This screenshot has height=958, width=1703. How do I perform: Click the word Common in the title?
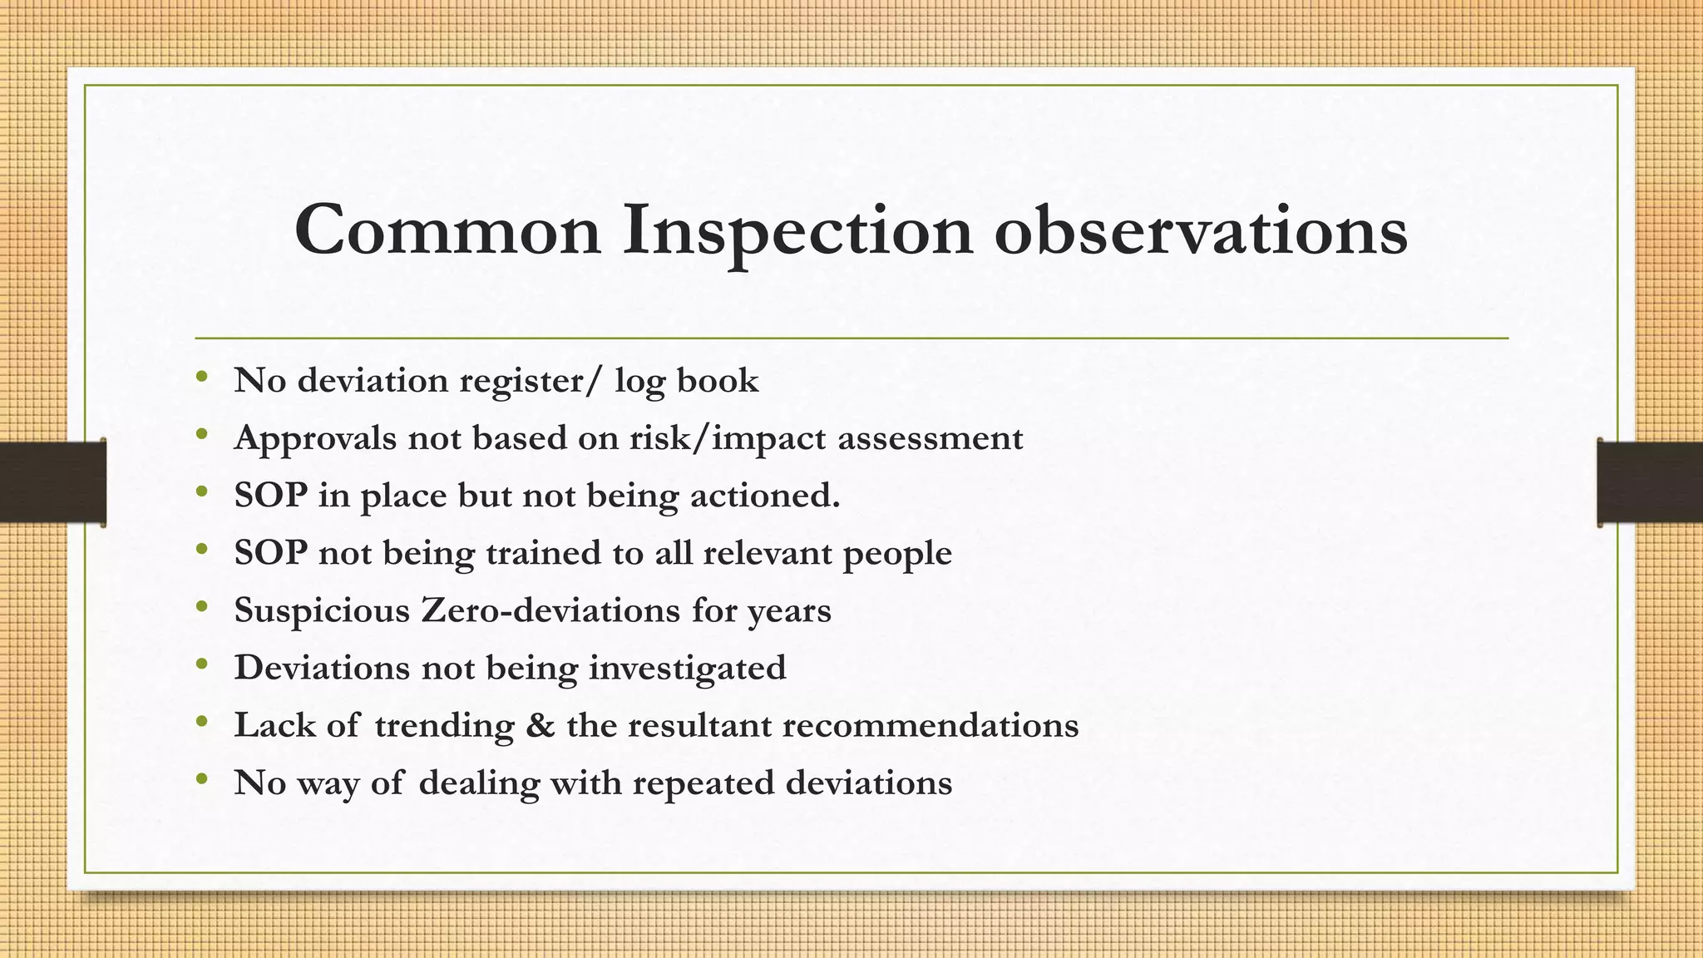tap(447, 230)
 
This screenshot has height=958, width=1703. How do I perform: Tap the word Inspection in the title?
tap(797, 231)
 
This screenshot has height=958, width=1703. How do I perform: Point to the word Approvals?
tap(315, 439)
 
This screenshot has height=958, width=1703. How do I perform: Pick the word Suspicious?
tap(322, 610)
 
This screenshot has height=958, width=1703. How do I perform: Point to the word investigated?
tap(687, 669)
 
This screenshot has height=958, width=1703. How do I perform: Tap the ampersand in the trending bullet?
tap(541, 725)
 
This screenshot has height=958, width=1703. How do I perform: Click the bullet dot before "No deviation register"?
tap(201, 378)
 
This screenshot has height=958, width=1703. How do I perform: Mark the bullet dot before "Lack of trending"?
tap(201, 723)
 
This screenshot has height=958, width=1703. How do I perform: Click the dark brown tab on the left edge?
tap(52, 482)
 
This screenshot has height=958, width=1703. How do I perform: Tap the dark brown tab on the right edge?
tap(1650, 482)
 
